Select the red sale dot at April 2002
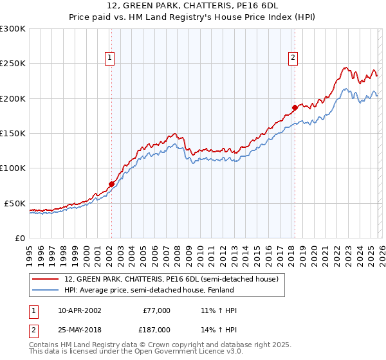111,184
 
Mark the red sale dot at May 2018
295,107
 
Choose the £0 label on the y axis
19,238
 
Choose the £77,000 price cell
156,310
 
